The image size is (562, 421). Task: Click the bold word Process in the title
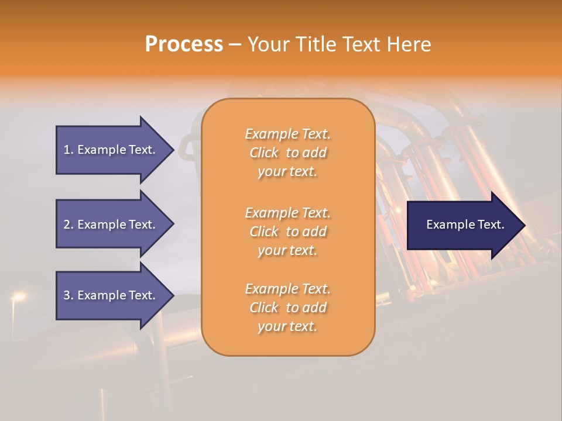[184, 44]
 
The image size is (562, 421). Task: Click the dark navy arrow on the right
[462, 225]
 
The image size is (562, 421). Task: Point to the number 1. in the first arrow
[68, 150]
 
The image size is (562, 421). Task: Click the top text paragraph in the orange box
[287, 153]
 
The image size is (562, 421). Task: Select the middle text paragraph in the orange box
[287, 232]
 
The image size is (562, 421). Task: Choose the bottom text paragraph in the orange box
[287, 308]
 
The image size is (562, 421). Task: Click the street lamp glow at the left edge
[18, 298]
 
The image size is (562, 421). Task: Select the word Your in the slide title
[268, 44]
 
